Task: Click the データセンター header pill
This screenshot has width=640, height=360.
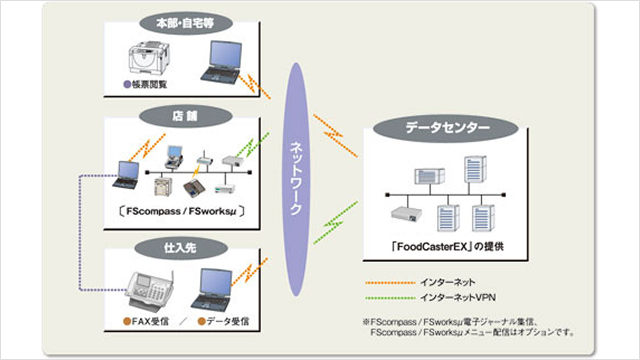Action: pos(446,129)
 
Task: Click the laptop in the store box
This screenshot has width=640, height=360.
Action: pos(129,173)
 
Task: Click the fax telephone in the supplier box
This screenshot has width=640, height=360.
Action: pos(147,290)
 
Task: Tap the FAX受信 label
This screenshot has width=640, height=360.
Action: pos(150,322)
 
